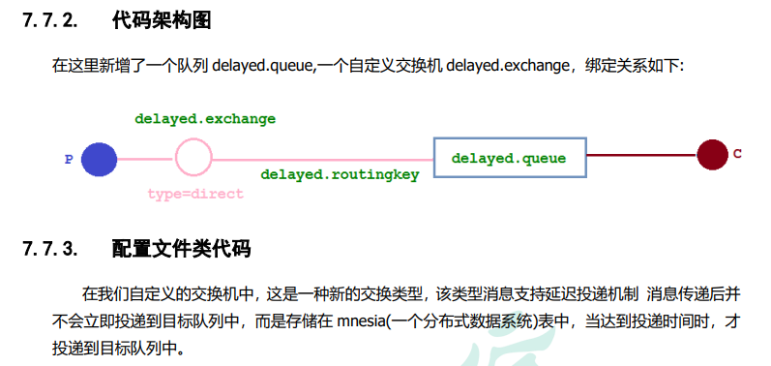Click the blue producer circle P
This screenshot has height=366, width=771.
click(99, 159)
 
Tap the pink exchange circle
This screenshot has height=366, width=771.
click(193, 157)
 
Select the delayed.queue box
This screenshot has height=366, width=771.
click(509, 158)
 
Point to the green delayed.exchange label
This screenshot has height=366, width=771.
click(205, 119)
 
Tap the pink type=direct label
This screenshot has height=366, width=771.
click(195, 194)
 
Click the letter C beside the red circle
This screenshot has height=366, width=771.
click(737, 154)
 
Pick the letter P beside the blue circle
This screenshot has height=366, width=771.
click(69, 160)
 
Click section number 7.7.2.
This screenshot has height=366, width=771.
click(48, 20)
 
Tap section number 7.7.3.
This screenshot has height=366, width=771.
click(48, 250)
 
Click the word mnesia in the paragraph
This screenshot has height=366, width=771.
click(360, 320)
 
